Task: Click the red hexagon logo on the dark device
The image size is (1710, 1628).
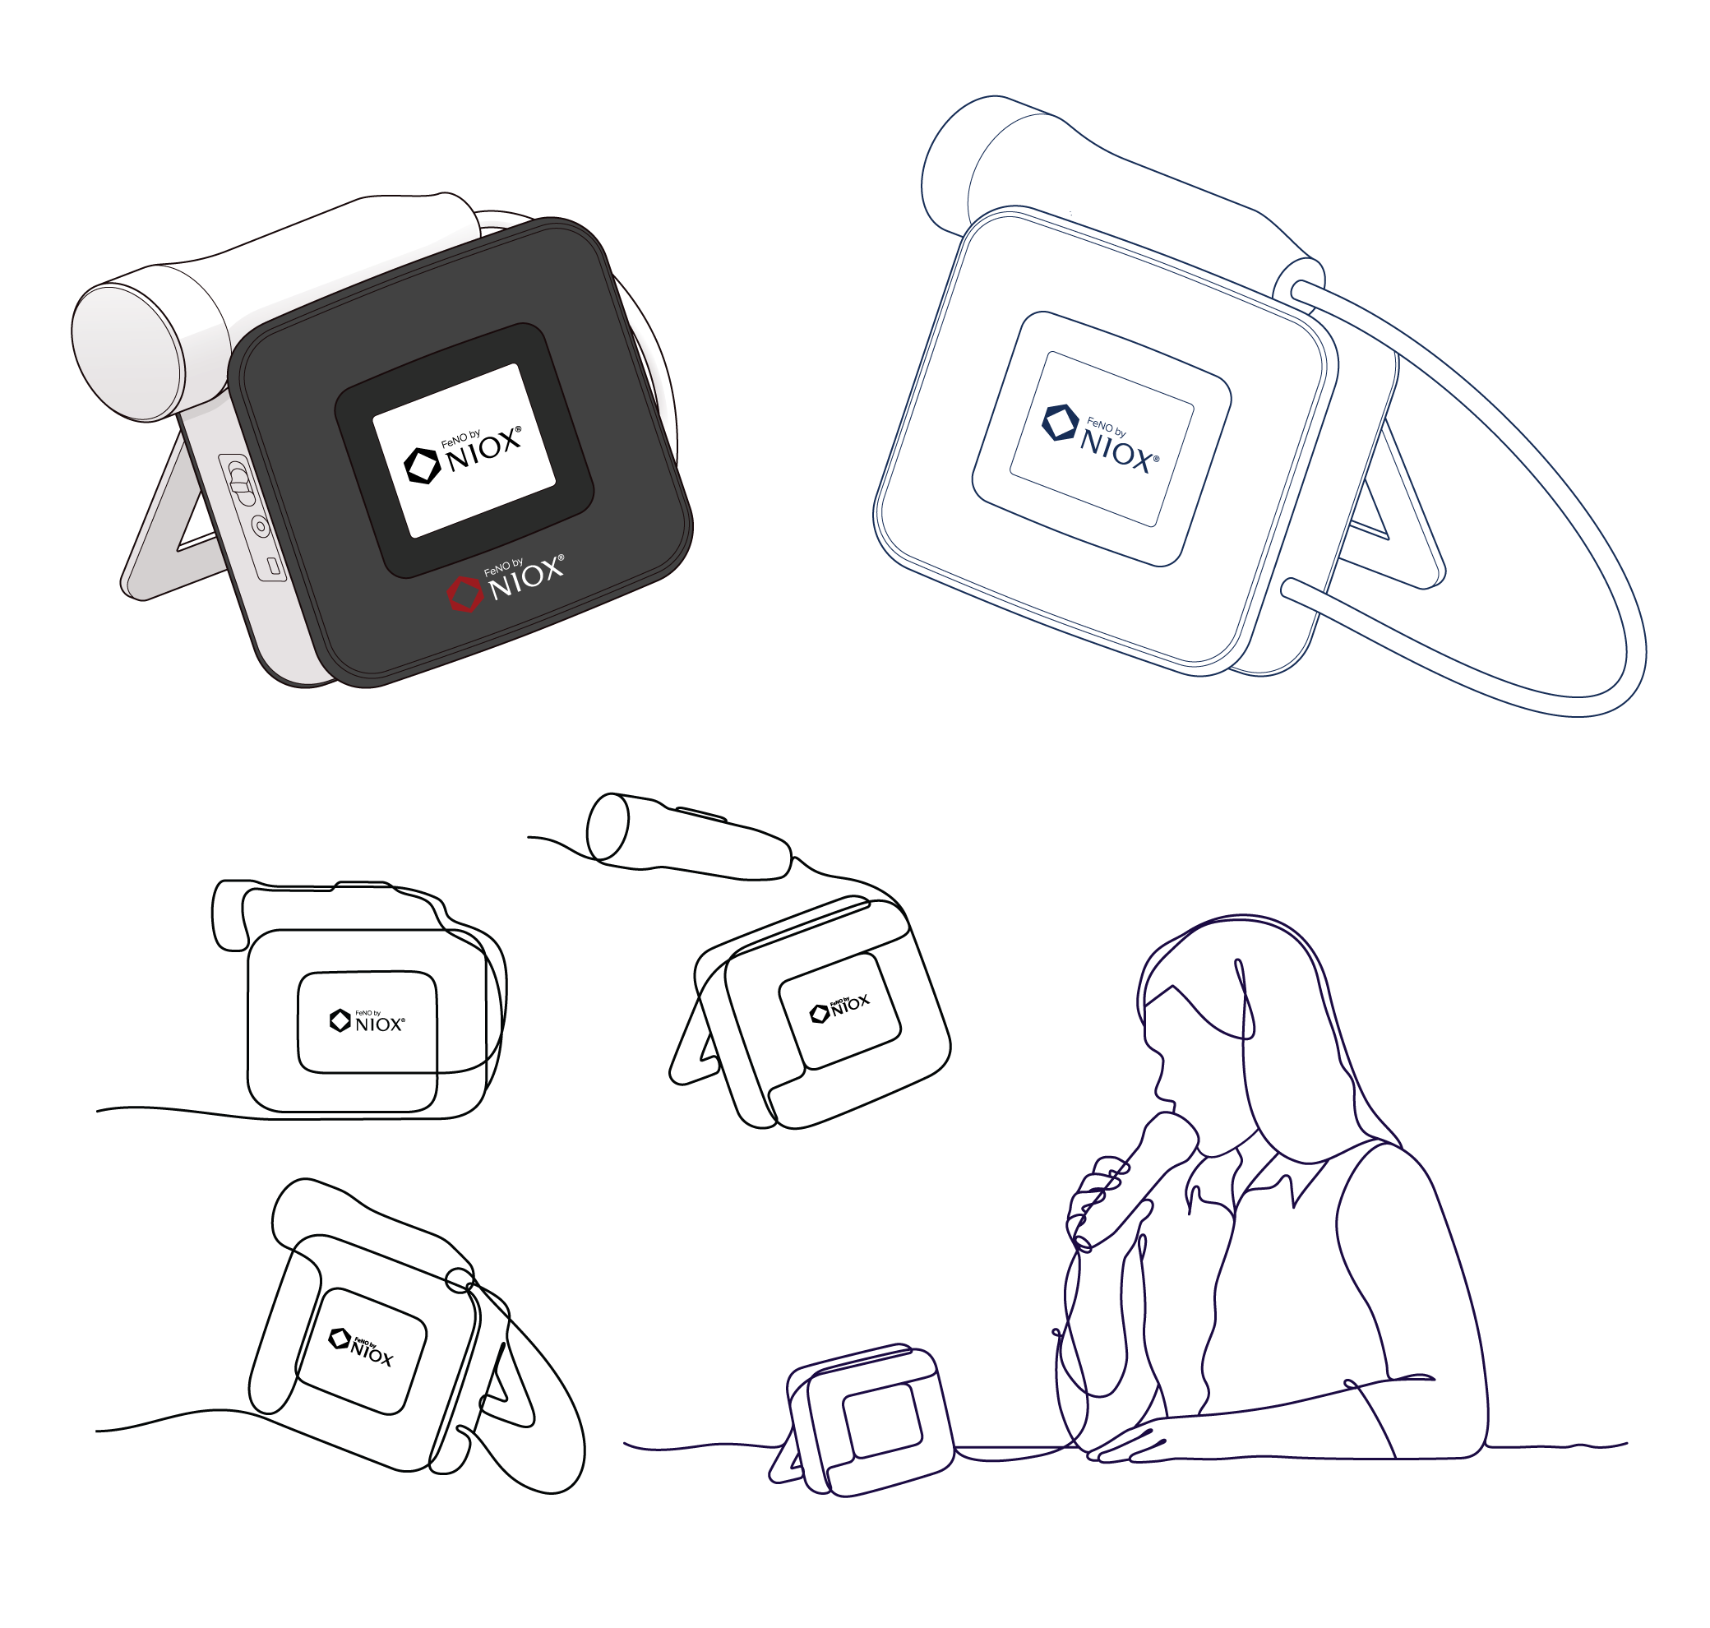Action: click(x=464, y=594)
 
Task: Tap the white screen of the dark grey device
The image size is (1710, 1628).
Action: click(x=464, y=450)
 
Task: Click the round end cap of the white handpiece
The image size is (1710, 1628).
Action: click(x=127, y=354)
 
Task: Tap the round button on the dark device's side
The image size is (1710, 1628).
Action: click(x=260, y=526)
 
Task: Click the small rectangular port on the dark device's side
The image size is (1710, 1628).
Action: click(x=273, y=567)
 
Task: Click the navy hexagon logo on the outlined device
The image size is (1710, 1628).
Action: click(x=1060, y=423)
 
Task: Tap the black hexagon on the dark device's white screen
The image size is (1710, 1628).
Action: click(x=423, y=465)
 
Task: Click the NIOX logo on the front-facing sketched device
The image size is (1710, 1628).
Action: click(x=367, y=1020)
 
